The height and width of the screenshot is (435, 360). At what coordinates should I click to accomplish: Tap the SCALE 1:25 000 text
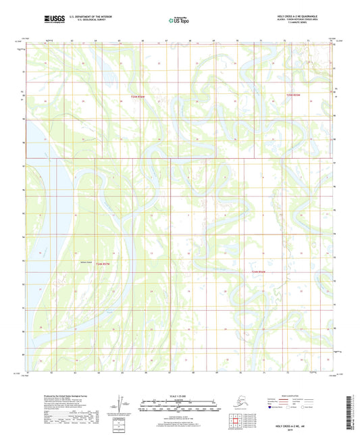coord(179,395)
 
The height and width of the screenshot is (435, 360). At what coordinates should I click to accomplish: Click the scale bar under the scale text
coord(179,408)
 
